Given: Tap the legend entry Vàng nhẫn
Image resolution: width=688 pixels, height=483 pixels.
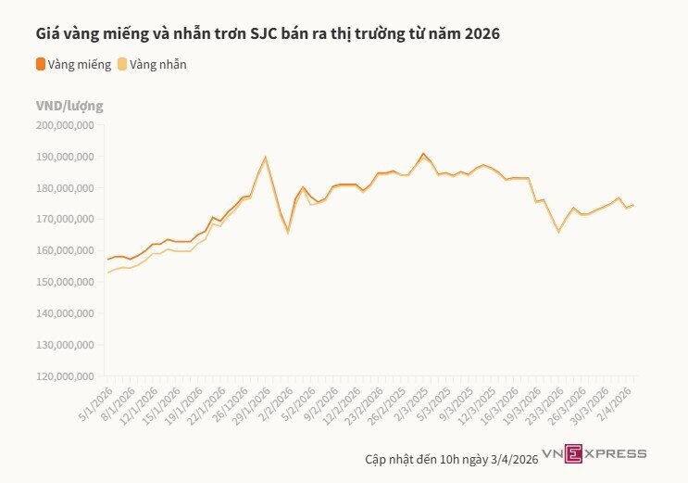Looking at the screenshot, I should point(158,64).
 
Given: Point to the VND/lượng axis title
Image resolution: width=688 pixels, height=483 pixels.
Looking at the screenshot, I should point(69,105).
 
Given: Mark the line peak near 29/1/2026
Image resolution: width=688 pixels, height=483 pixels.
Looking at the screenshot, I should point(266,157).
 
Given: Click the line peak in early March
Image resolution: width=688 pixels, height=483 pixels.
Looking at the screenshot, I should point(423,153).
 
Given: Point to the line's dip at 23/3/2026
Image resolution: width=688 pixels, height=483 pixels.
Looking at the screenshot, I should point(558,230).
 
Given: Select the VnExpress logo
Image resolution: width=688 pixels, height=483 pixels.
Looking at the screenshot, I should point(594,453).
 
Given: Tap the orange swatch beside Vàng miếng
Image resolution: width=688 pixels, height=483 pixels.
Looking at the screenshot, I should point(40,64).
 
